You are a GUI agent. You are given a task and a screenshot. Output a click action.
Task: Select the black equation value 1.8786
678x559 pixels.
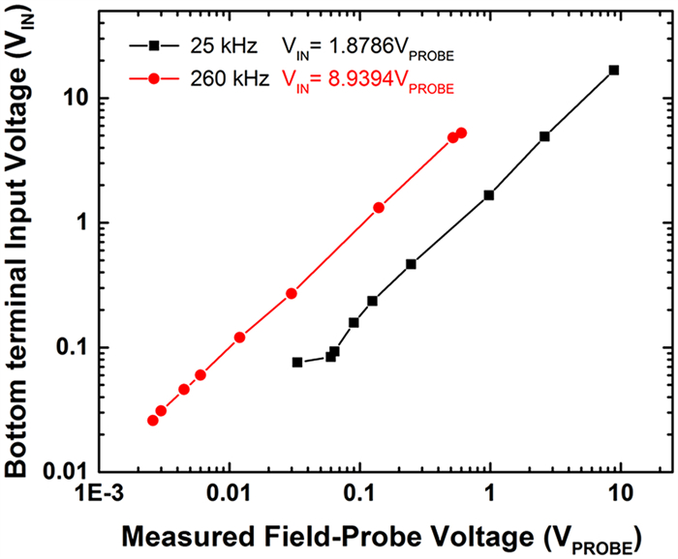pyautogui.click(x=354, y=45)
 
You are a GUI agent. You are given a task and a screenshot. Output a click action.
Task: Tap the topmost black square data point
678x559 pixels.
pyautogui.click(x=613, y=70)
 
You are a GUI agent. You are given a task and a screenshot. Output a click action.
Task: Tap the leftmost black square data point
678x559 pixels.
pyautogui.click(x=297, y=363)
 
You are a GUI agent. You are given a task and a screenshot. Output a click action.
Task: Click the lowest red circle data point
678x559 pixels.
pyautogui.click(x=152, y=421)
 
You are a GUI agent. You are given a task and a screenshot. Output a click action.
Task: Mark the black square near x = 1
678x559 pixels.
pyautogui.click(x=489, y=194)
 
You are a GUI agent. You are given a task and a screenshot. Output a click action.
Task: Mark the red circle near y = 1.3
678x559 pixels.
pyautogui.click(x=379, y=207)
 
